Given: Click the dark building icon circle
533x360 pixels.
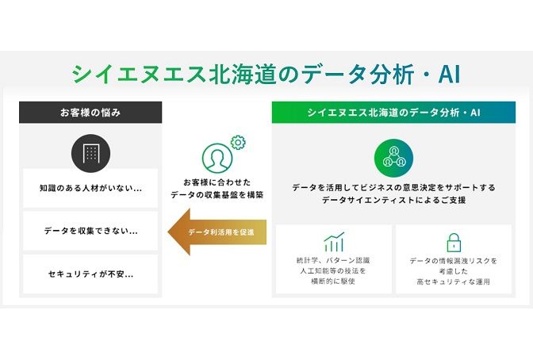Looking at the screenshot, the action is coord(90,153).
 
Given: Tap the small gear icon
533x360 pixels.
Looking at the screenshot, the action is coord(238,143).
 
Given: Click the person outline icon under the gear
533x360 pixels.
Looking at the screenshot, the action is coord(217,158).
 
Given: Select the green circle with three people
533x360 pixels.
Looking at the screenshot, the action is coord(393,158).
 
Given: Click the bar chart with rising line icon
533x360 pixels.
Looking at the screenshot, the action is coord(334,242).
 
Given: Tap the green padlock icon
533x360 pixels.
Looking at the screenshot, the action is coord(454,243).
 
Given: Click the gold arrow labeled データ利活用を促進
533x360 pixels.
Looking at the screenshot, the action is coord(217,232).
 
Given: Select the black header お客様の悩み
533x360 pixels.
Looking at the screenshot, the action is coord(90,112).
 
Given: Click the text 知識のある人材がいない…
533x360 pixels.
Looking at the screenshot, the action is coord(90,188).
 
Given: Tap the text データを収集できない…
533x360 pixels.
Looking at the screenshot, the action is coord(90,231).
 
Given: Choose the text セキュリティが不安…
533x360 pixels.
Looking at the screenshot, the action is coord(90,274).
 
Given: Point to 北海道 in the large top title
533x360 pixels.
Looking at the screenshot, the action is coord(243,75).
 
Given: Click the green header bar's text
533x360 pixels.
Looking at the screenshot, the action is coord(393,113).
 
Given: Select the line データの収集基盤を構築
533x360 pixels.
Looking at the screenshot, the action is coord(217,195).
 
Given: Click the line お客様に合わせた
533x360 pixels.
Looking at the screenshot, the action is coord(217,182).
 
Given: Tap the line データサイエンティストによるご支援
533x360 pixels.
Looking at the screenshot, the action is coord(393,201).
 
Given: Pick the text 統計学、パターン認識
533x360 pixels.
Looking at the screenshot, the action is coord(333,261).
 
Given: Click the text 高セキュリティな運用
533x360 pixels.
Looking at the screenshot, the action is coord(454,281).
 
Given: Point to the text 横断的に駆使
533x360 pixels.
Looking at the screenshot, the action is coord(333,281).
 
